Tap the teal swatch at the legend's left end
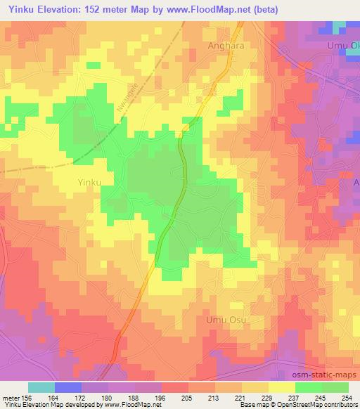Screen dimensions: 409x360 point(41,387)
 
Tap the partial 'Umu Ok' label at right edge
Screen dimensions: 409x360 point(345,46)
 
